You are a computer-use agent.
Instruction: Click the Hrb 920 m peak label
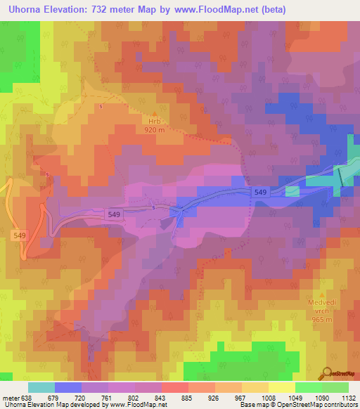tap(155, 125)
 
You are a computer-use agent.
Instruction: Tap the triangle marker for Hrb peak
tap(155, 113)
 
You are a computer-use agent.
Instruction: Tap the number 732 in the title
tap(101, 8)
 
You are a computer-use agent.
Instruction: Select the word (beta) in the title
tap(270, 8)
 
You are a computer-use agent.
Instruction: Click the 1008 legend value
tap(268, 398)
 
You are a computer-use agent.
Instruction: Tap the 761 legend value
tap(108, 398)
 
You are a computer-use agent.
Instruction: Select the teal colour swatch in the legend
tap(41, 387)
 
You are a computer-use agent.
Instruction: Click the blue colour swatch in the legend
tap(68, 387)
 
